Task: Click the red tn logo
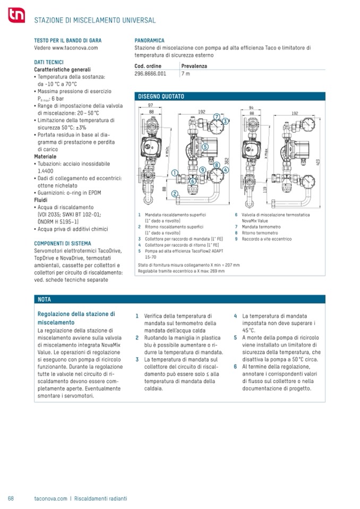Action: [16, 15]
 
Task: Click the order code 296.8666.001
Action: [150, 74]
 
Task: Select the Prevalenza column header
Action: [194, 66]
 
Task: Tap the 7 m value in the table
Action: [186, 74]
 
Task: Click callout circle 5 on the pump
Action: [205, 146]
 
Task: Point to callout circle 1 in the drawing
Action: [175, 172]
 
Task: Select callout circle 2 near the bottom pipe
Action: [175, 194]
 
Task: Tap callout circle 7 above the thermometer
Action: [217, 117]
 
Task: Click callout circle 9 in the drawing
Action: [202, 170]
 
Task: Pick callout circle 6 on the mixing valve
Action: [193, 181]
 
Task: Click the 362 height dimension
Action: [227, 161]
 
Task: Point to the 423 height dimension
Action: [318, 162]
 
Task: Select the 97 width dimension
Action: [150, 105]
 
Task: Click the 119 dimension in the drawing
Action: [265, 189]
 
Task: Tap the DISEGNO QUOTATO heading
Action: [161, 97]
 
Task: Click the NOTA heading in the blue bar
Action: [44, 299]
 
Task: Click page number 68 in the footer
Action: [11, 498]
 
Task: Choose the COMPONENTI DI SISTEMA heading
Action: [63, 244]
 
